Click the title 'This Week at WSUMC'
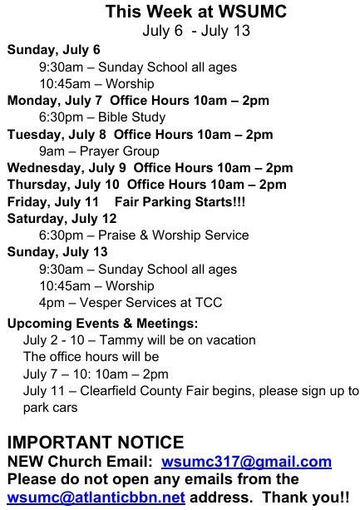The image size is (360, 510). tap(196, 12)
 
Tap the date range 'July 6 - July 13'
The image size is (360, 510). tap(196, 31)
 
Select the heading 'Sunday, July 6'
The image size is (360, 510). tap(53, 50)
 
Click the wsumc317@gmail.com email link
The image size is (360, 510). tap(246, 462)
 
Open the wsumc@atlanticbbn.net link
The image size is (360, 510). tap(96, 498)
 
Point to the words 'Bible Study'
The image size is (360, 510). tap(131, 117)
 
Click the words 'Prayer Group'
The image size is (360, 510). tap(119, 151)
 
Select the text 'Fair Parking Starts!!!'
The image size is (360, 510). tap(180, 201)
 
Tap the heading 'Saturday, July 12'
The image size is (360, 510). tap(62, 219)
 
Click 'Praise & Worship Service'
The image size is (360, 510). tap(174, 235)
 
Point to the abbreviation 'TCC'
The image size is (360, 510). tap(208, 303)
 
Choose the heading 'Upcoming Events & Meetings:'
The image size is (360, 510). tap(102, 324)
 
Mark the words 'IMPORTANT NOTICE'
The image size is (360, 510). tap(96, 443)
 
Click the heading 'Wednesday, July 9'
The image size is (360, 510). tap(67, 168)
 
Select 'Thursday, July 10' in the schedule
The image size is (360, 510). tap(63, 185)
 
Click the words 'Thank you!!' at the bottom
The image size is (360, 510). tap(306, 498)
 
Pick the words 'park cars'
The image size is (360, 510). tap(51, 408)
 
